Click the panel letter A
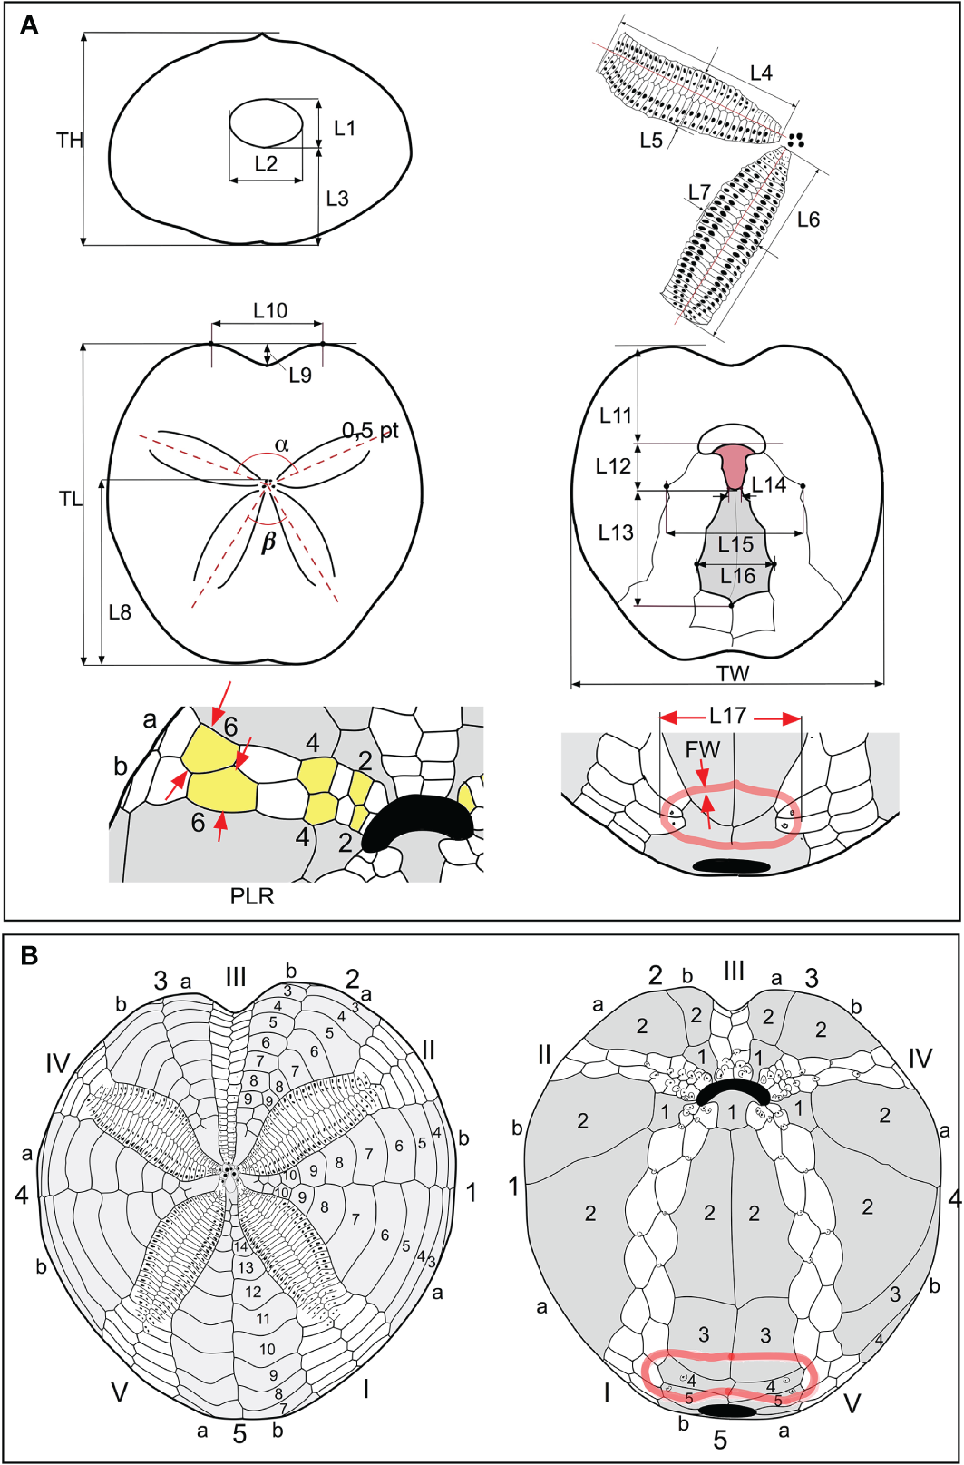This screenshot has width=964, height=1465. pos(29,25)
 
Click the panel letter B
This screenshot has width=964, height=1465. pos(29,955)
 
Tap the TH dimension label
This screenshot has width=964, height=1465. pos(70,140)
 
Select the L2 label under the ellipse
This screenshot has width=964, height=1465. pos(266,163)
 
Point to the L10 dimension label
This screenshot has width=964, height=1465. pos(270,311)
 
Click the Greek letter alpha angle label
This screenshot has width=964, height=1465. pos(282,444)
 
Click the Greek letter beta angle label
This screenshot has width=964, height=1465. pos(268,542)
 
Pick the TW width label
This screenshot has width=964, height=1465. pos(733,674)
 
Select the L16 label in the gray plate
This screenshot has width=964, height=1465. pos(737,576)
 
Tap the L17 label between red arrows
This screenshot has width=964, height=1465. pos(727,717)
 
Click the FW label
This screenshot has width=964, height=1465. pos(702,750)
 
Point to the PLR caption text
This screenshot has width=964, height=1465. pos(252,896)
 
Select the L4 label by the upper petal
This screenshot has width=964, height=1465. pos(761,73)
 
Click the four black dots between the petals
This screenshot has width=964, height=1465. pos(796,140)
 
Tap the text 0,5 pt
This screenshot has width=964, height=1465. pos(370,430)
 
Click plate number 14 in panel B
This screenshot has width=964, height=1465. pos(240,1247)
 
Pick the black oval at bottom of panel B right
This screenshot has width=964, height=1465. pos(728,1411)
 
